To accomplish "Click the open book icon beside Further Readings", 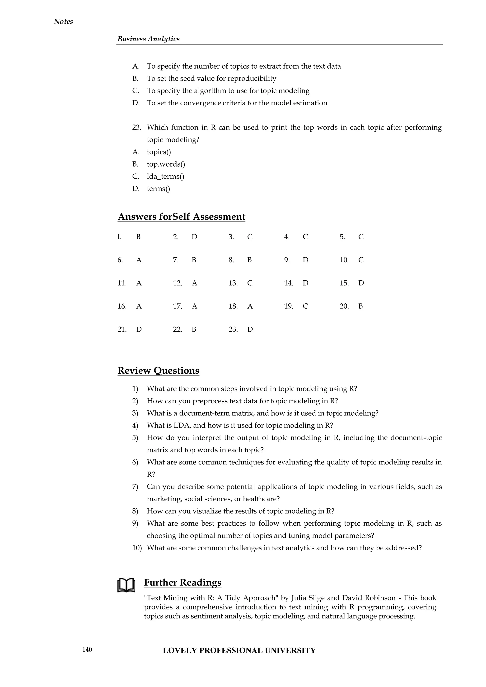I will coord(126,585).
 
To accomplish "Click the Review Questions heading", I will coord(158,371).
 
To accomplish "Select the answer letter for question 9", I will coord(305,260).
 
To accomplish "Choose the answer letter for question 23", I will coord(250,330).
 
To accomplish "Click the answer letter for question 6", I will coord(139,260).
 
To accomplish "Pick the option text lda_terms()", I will coord(165,176).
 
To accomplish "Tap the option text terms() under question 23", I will coord(158,189).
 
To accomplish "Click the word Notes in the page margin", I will coord(63,22).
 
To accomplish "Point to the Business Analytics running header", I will coord(148,39).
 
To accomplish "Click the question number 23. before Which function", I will coord(136,127).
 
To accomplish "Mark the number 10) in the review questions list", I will coord(137,548).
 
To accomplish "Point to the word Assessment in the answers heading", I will coord(219,217).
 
